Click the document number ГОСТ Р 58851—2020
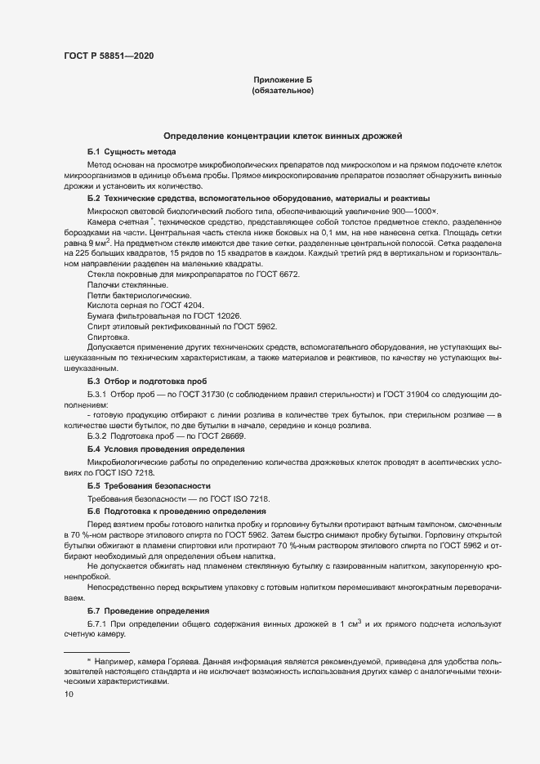[x=108, y=56]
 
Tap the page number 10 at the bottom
[x=69, y=694]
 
